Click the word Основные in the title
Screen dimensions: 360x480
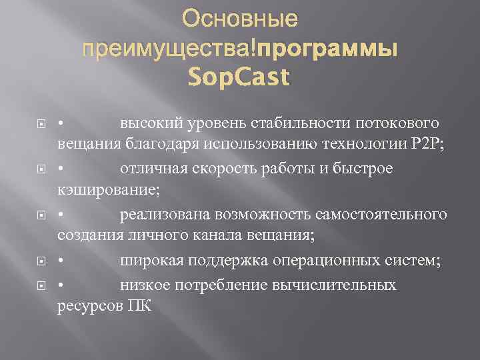240,20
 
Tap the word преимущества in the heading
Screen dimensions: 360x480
168,49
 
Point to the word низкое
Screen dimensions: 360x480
144,285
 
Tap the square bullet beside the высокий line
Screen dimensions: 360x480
41,124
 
